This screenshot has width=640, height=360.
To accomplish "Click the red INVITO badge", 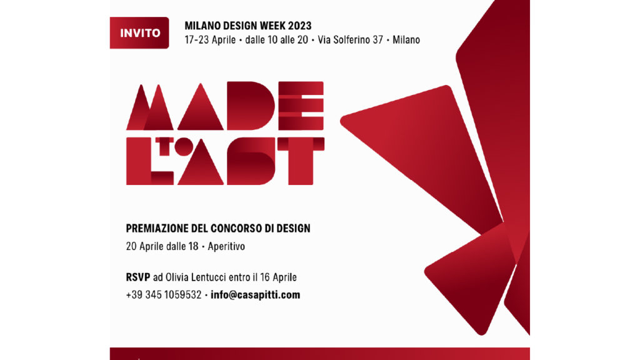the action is click(139, 32).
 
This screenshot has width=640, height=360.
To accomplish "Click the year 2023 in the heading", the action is click(299, 26).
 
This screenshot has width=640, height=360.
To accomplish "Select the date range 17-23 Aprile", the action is click(210, 40).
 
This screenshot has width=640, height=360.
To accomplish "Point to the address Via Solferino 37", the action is click(350, 40).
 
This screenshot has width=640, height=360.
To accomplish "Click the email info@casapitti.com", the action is click(255, 295).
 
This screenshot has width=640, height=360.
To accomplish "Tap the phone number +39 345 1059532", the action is click(164, 295).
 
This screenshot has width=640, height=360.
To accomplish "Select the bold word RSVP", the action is click(138, 277).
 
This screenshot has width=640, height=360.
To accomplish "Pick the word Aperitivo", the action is click(226, 246).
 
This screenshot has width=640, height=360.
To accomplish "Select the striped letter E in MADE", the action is click(301, 106).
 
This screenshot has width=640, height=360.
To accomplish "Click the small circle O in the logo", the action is click(184, 146).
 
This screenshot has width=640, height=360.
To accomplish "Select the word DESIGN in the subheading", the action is click(293, 228).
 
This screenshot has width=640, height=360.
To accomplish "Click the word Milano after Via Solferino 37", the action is click(406, 40).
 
